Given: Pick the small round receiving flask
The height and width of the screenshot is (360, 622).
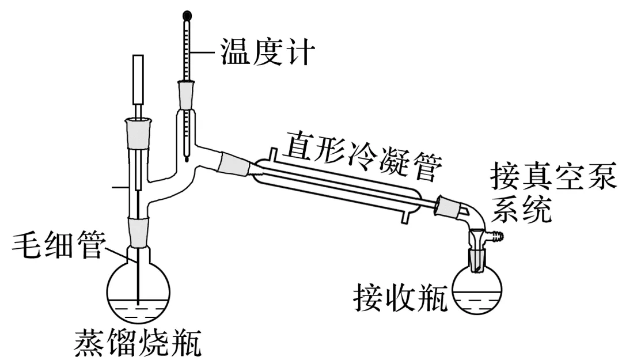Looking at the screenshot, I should tap(477, 291).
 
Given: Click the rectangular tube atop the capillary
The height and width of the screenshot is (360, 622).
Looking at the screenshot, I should tap(138, 77).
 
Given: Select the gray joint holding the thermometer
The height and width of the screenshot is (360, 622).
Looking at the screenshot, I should tap(186, 94).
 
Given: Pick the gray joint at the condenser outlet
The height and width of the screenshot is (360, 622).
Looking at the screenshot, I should tap(447, 205).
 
